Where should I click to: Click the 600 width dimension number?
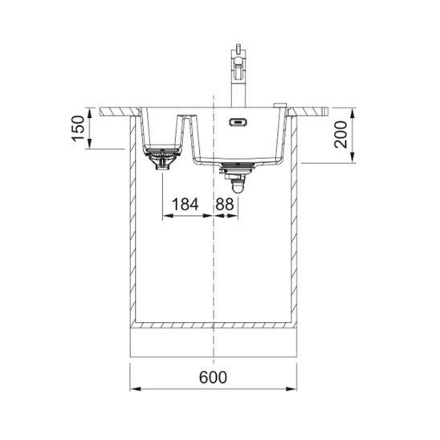pos(214,377)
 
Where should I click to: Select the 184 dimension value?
pos(185,205)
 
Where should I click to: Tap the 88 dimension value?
pos(226,205)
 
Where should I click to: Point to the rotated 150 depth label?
pos(78,128)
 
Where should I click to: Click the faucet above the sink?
pos(239,76)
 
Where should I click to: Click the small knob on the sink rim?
pos(278,104)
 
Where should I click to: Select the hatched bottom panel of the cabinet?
pos(214,324)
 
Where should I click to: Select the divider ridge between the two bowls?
pos(187,120)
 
